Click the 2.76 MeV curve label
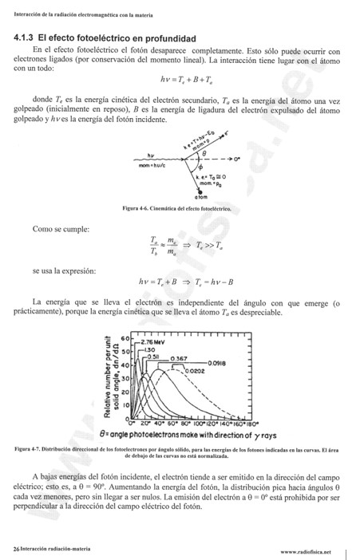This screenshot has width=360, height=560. (151, 341)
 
